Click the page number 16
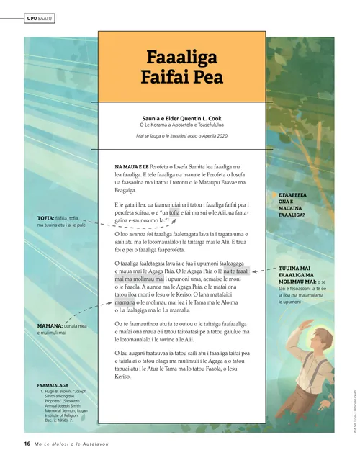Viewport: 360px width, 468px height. pyautogui.click(x=27, y=444)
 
